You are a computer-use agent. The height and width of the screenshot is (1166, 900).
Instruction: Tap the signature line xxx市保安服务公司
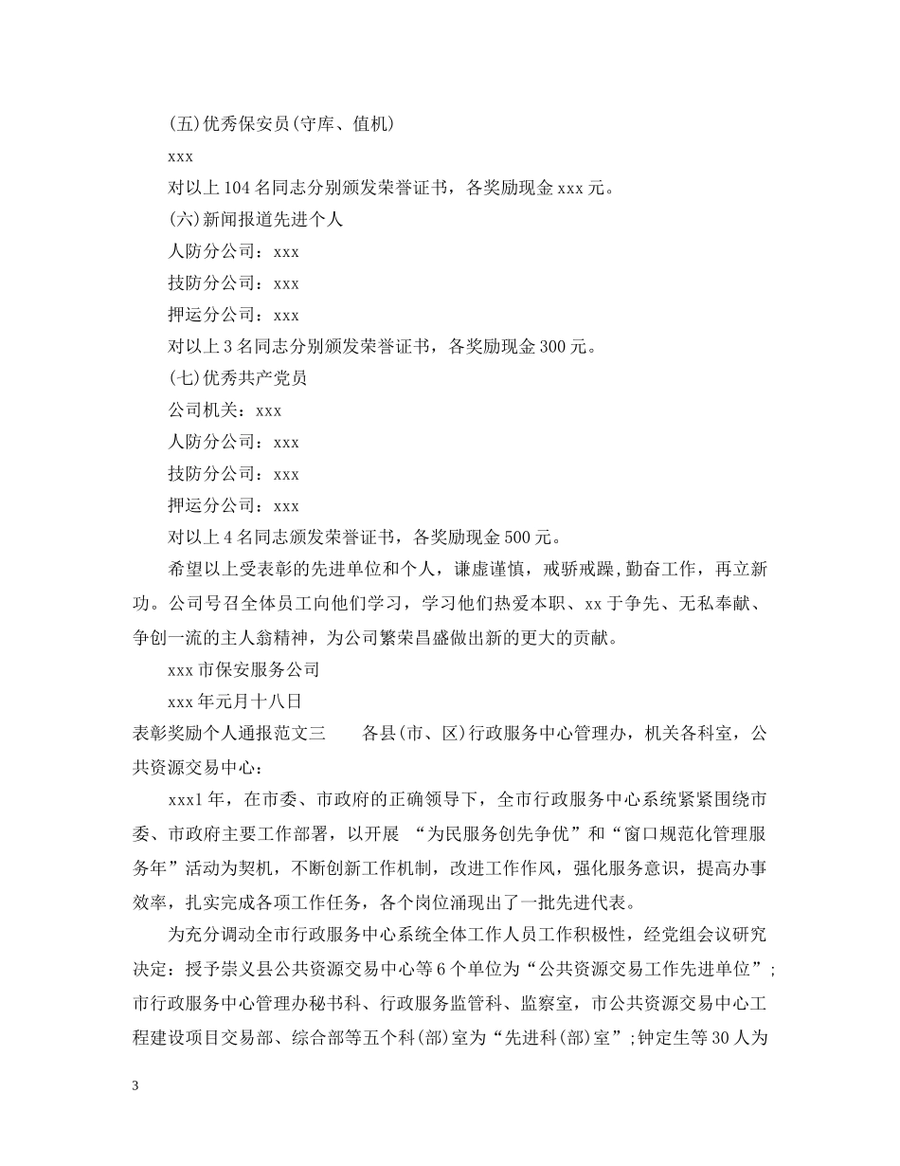pos(243,669)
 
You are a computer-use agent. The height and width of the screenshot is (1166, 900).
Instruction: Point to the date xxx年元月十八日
pos(234,701)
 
